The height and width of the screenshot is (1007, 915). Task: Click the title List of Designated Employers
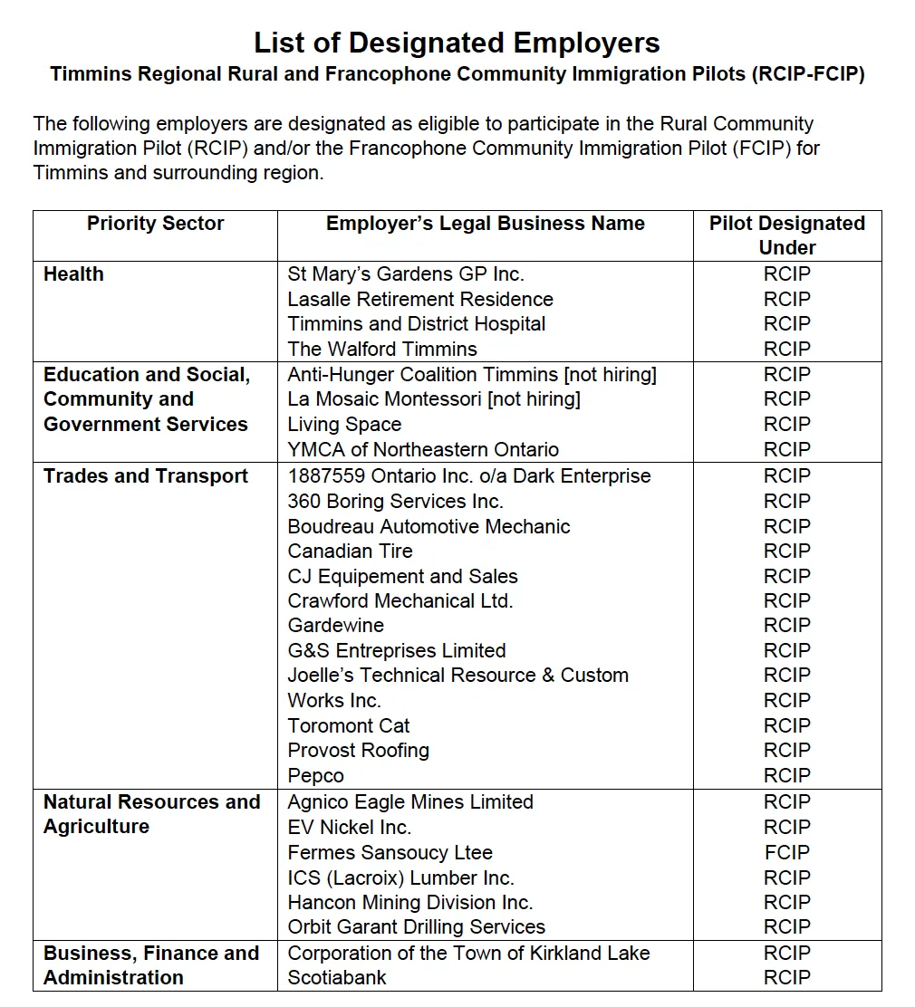457,43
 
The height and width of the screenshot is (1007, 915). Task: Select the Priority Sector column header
155,224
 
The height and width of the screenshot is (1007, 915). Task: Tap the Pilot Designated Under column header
786,235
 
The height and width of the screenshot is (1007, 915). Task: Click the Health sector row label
73,274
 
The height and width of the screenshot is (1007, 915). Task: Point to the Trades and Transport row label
145,476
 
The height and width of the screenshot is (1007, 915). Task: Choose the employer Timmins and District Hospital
417,324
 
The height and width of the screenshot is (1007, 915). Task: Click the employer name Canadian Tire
350,551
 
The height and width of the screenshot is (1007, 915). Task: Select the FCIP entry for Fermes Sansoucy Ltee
786,852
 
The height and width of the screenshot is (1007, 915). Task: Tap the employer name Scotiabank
337,977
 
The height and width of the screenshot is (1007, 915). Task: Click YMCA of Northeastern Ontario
423,449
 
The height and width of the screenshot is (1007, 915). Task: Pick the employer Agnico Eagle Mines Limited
410,802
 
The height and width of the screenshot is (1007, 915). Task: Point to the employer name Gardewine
335,625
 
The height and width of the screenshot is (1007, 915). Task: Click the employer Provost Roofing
358,750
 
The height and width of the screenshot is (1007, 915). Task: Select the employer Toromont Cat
348,725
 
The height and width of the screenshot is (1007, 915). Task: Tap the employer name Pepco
315,775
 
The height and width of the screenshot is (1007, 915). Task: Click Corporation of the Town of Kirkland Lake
468,953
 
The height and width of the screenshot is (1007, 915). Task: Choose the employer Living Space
344,424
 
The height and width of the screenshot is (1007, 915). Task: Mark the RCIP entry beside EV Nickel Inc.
786,827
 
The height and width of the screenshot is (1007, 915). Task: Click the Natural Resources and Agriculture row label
151,814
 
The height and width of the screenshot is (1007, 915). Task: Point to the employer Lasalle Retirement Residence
419,299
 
